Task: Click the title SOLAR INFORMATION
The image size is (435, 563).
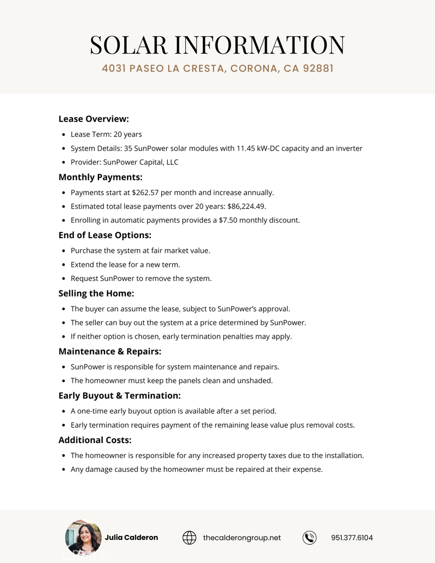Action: click(217, 45)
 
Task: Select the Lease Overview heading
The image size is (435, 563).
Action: click(93, 119)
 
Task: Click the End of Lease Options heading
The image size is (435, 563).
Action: click(104, 235)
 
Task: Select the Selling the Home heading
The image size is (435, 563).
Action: click(96, 294)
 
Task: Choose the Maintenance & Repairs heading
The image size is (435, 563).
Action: click(109, 351)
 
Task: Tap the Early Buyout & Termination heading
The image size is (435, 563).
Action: click(119, 396)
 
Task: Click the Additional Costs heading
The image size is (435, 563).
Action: click(95, 440)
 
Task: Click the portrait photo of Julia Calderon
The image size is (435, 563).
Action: click(83, 537)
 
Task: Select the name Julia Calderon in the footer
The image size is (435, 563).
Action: click(131, 538)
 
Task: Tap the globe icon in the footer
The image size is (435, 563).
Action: click(189, 538)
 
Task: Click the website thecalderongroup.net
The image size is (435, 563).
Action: click(242, 538)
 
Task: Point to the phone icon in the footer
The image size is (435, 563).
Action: click(310, 538)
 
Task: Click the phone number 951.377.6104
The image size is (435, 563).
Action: click(352, 538)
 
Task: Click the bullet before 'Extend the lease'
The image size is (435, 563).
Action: click(64, 265)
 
